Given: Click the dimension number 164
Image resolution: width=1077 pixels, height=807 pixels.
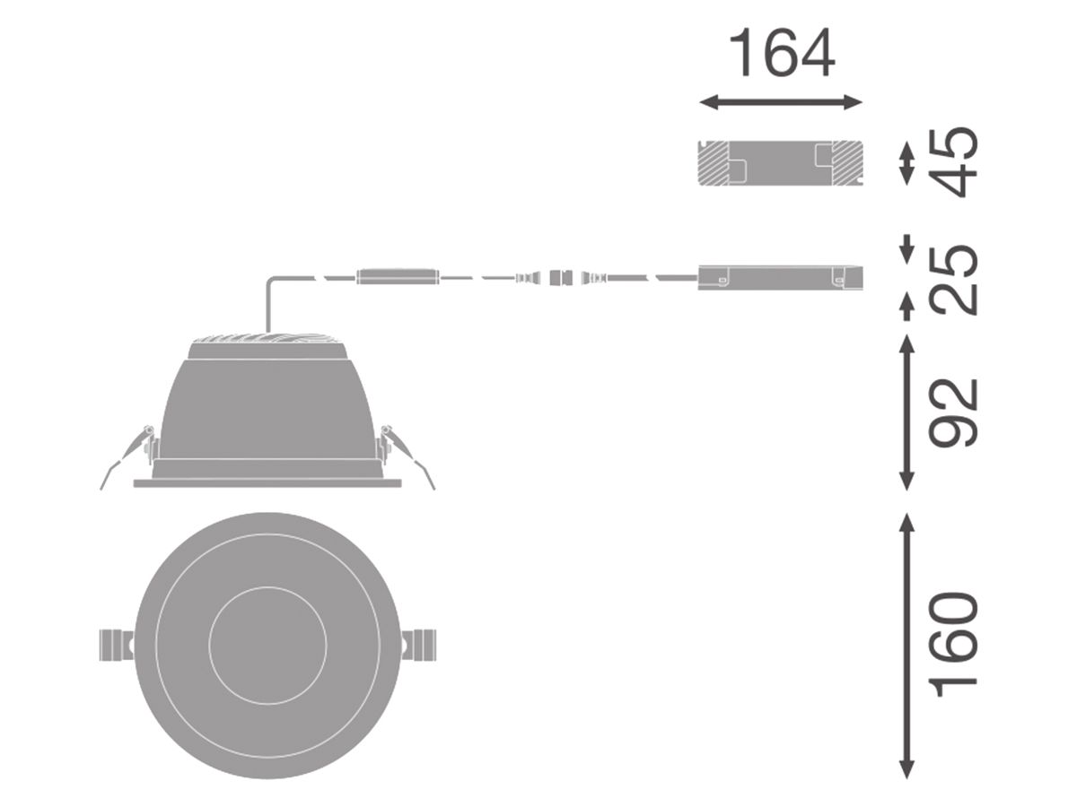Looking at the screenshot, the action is [782, 52].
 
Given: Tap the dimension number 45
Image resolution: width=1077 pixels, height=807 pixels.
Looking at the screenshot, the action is [953, 162].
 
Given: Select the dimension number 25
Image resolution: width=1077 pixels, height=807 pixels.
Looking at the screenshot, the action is [953, 279].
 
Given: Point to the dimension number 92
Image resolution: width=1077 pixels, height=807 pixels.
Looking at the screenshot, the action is [953, 412].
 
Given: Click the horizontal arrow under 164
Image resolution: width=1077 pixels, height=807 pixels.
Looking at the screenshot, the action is [781, 102].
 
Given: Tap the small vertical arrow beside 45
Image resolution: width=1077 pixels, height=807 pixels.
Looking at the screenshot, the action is [906, 163].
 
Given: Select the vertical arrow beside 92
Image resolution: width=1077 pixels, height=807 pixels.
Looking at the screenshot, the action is [906, 412].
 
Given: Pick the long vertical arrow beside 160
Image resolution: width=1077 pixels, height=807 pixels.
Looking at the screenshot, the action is [906, 646].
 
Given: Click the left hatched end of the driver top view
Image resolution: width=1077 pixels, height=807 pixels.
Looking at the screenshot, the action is [714, 163].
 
